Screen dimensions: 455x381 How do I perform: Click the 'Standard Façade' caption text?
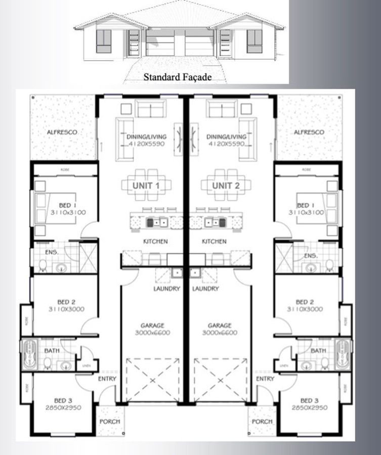point(177,77)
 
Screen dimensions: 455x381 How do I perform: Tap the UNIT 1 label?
point(146,186)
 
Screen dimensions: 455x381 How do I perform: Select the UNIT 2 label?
point(226,186)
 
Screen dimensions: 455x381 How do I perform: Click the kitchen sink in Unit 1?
point(157,222)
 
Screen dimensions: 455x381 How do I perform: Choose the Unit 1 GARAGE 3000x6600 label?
point(152,329)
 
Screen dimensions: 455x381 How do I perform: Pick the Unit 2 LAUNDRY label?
point(206,289)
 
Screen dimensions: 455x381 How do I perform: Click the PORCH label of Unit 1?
point(110,421)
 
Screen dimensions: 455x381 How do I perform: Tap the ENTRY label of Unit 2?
point(265,379)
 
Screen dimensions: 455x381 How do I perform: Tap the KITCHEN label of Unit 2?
point(214,242)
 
